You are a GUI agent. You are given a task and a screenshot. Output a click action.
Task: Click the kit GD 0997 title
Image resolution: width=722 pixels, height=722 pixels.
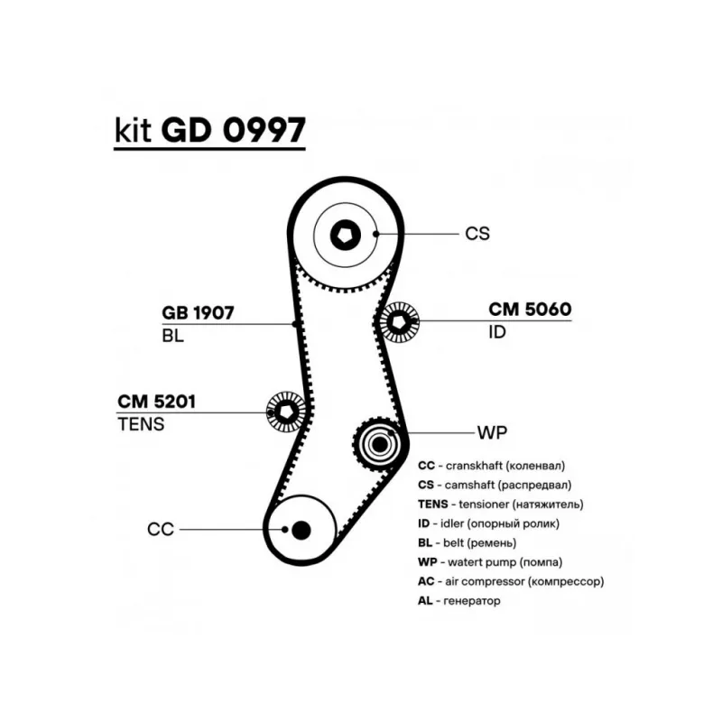tap(209, 130)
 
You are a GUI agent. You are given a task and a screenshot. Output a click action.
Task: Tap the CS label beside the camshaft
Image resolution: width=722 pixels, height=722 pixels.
tap(477, 234)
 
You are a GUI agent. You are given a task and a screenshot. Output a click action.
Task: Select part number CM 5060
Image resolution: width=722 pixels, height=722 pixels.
tap(530, 310)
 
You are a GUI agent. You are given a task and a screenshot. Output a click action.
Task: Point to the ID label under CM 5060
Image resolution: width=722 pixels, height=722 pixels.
tap(497, 332)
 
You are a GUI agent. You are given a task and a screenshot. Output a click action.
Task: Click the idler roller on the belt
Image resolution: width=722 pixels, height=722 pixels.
tap(397, 322)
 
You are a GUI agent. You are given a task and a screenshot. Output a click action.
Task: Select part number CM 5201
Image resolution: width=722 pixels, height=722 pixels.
tap(157, 401)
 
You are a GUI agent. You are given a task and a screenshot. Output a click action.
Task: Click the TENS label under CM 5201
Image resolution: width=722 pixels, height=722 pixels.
tap(141, 423)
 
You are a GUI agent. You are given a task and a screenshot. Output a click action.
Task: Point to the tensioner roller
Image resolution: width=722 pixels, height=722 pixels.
tap(286, 412)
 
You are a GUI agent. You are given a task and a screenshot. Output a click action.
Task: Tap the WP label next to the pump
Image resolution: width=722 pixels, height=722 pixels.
tap(492, 431)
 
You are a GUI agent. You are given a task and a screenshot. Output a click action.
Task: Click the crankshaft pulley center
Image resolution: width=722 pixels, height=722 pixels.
tap(301, 529)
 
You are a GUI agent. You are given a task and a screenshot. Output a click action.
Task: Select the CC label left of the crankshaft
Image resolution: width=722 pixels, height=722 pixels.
tap(160, 530)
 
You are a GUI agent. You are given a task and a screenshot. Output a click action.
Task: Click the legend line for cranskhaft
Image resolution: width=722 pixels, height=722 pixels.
tap(492, 466)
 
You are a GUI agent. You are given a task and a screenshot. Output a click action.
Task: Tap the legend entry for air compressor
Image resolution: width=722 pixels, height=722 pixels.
tap(511, 581)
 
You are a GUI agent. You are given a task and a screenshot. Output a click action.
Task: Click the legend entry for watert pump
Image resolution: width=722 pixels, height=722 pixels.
tap(487, 561)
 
